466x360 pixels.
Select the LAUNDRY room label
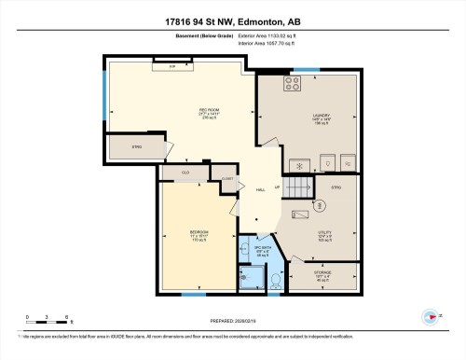point(322,118)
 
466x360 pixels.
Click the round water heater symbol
point(319,204)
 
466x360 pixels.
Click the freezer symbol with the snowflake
point(298,161)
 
